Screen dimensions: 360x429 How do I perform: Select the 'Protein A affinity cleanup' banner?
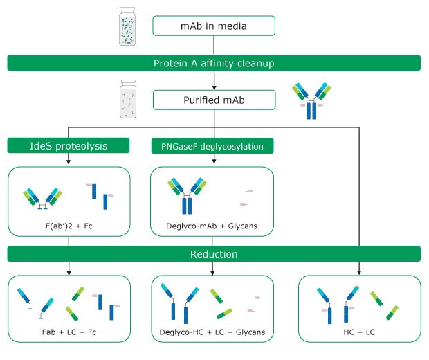pyautogui.click(x=214, y=64)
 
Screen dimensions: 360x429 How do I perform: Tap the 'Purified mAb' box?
pyautogui.click(x=214, y=100)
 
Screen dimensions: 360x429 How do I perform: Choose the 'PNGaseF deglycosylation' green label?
pyautogui.click(x=212, y=145)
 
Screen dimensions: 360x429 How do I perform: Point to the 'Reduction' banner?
pyautogui.click(x=214, y=254)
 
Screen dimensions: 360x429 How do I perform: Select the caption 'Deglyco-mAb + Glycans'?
pyautogui.click(x=212, y=225)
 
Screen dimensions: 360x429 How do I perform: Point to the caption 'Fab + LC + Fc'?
pyautogui.click(x=71, y=334)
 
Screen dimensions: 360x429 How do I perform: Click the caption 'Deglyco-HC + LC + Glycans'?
pyautogui.click(x=212, y=334)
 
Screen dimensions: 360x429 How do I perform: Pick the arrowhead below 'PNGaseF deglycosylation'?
pyautogui.click(x=212, y=161)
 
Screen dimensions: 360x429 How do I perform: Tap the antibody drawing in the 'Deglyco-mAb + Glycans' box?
pyautogui.click(x=185, y=194)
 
